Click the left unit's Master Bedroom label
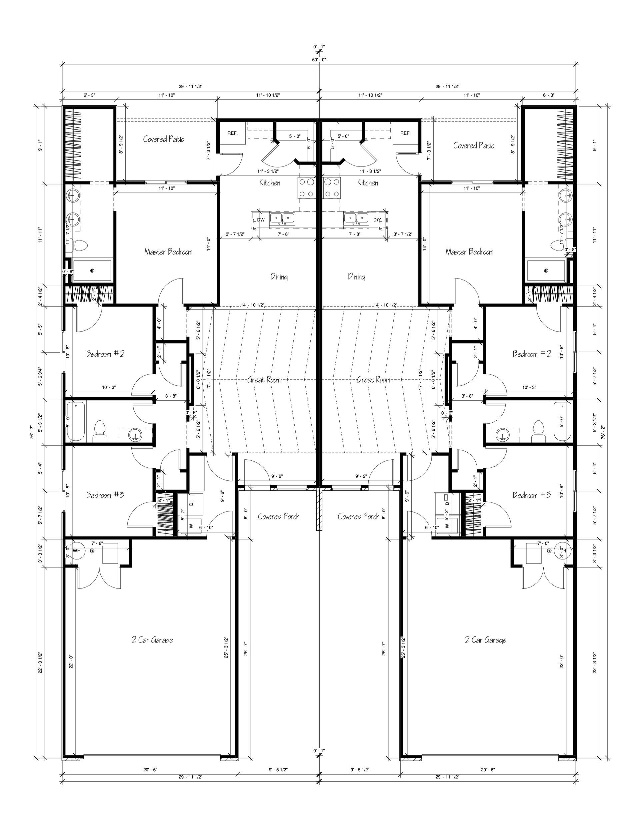pos(168,252)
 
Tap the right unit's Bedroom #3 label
pos(531,495)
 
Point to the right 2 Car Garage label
pos(486,640)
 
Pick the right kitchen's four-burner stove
pos(332,188)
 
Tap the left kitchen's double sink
pos(282,218)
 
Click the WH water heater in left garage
pos(77,551)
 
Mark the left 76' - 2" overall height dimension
pos(32,432)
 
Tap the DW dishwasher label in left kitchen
pos(261,220)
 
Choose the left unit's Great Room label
pos(264,380)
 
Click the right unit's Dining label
pos(357,277)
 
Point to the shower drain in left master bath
pos(92,271)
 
